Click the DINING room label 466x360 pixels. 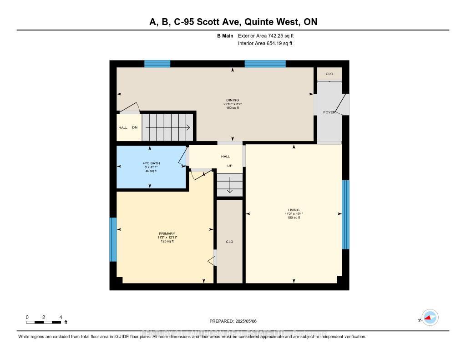click(x=233, y=100)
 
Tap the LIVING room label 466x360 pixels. click(x=294, y=210)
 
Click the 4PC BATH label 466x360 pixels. click(x=151, y=163)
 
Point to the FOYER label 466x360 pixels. click(x=329, y=112)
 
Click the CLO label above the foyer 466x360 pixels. click(x=329, y=74)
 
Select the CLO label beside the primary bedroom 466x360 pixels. click(x=229, y=242)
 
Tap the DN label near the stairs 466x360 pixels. click(x=135, y=127)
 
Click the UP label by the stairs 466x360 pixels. click(x=230, y=166)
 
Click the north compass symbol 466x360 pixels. click(x=429, y=318)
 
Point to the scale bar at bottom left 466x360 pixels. click(x=44, y=322)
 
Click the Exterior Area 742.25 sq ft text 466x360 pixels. click(x=269, y=35)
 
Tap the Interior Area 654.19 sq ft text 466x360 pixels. click(x=265, y=44)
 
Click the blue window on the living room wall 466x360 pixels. click(x=345, y=214)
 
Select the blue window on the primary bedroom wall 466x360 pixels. click(x=113, y=239)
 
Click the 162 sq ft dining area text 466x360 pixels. click(x=233, y=108)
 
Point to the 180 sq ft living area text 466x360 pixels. click(x=294, y=218)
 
